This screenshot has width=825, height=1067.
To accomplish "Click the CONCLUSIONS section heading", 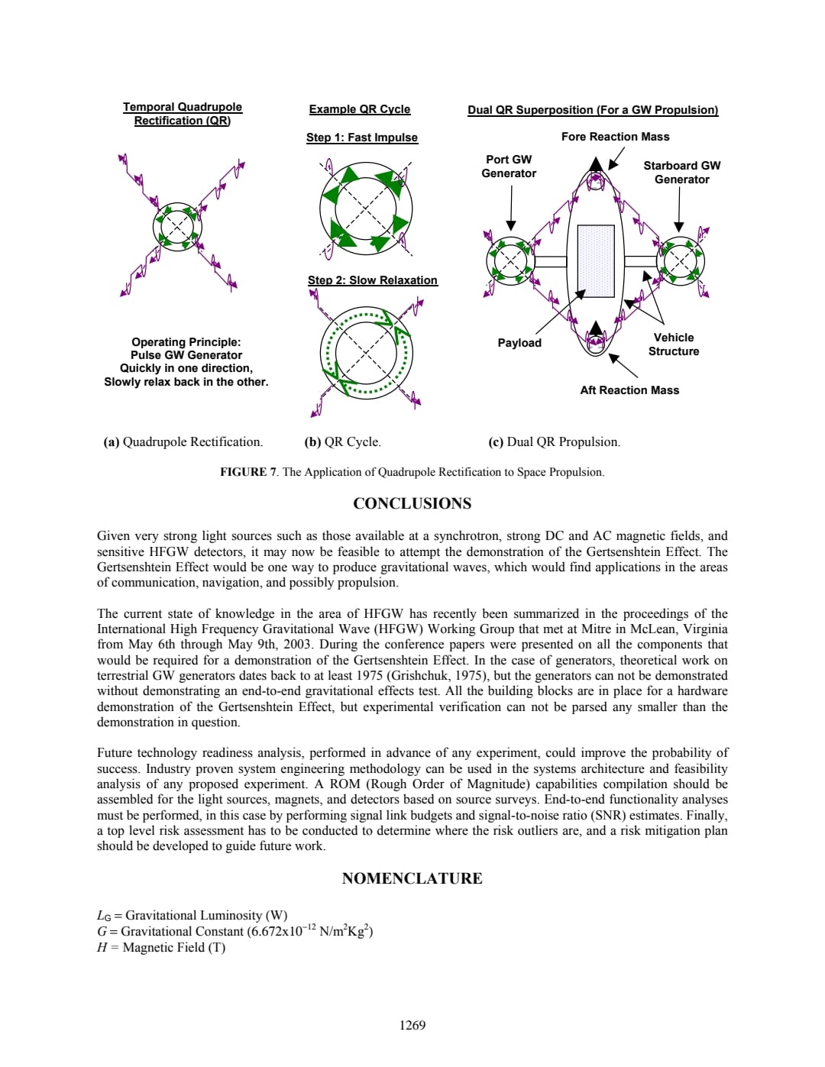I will [412, 503].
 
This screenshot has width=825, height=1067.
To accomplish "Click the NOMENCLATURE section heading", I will [412, 878].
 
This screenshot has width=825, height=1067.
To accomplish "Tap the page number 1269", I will [412, 1025].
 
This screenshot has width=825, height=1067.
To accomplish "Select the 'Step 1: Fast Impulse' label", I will [362, 137].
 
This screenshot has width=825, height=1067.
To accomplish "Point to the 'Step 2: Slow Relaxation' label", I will [373, 280].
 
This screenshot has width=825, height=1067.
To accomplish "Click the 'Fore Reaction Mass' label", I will [615, 137].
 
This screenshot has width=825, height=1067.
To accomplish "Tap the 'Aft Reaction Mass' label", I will [629, 390].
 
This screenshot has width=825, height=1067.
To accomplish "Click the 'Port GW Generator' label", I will [509, 167].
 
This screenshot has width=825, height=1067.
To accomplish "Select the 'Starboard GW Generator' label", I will [681, 173].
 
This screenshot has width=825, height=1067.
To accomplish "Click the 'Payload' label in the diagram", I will [519, 343].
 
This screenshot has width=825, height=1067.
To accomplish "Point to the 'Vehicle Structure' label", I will [674, 344].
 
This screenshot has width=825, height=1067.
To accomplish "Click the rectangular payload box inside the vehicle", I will [596, 260].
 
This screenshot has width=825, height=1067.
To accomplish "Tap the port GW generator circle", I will [511, 261].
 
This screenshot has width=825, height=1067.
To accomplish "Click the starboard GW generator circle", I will [680, 261].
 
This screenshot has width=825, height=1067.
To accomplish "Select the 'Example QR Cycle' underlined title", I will [360, 109].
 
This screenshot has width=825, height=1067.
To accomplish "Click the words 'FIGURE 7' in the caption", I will [248, 472].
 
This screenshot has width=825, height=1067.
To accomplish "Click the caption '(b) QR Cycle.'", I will [342, 441].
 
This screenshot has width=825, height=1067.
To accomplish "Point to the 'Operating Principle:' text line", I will [186, 342].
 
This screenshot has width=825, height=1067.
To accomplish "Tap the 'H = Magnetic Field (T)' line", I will [161, 947].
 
